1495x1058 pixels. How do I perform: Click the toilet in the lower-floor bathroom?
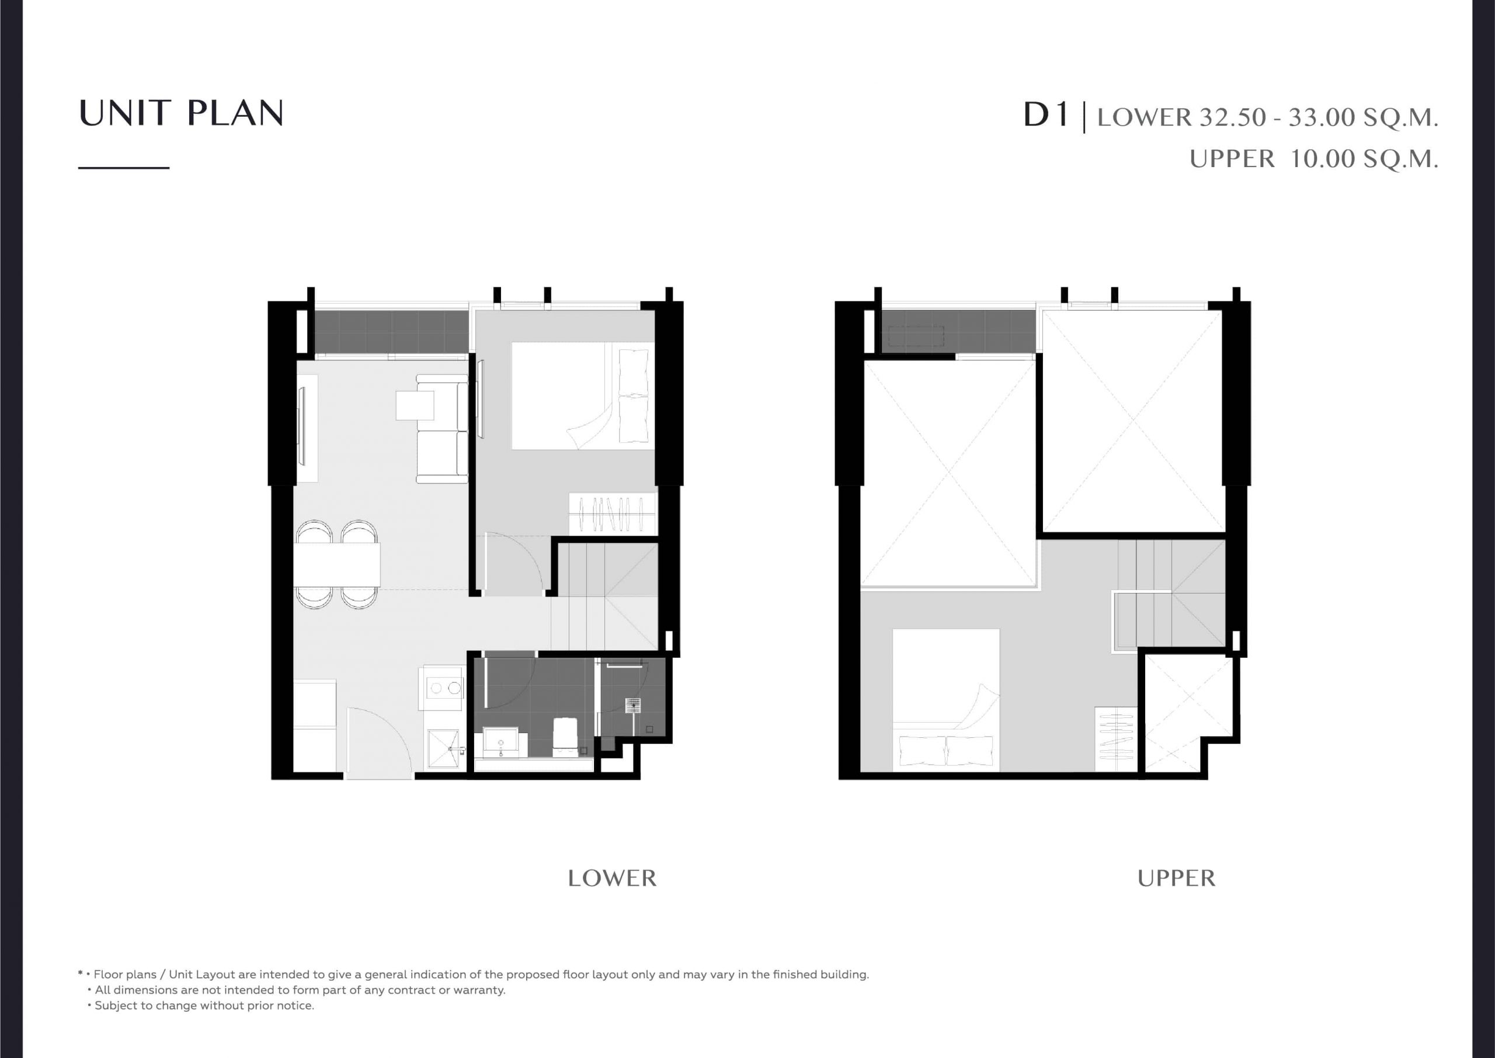(x=565, y=736)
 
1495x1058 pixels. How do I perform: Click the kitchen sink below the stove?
(x=446, y=750)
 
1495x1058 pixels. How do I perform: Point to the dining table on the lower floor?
(x=336, y=564)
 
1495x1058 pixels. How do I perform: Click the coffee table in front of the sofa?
(x=415, y=405)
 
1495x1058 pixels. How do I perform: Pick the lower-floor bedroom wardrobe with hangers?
(x=612, y=514)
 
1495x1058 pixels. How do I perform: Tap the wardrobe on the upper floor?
(x=1116, y=739)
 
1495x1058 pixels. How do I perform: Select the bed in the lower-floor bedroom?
(x=583, y=396)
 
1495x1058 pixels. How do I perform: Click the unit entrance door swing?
(x=379, y=743)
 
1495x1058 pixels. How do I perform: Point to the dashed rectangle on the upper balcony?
(x=916, y=335)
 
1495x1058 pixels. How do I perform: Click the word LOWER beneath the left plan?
(x=612, y=878)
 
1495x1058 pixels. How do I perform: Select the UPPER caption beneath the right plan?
(x=1176, y=878)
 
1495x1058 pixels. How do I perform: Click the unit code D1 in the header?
(x=1046, y=115)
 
